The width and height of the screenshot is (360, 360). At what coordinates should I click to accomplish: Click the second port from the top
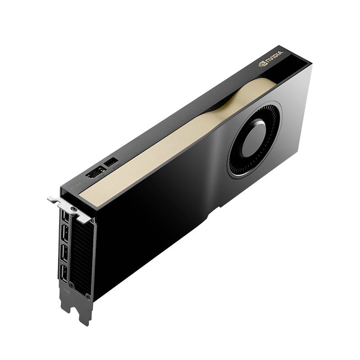[65, 233]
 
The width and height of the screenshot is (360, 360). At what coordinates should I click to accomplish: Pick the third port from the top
[64, 253]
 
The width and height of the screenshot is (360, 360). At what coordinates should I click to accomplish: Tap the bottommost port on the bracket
[64, 273]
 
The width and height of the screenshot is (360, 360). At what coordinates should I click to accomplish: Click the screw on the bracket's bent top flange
[73, 209]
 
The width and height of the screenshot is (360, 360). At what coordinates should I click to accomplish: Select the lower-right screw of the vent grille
[87, 297]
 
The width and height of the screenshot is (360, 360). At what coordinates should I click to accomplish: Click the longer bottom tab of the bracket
[84, 313]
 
